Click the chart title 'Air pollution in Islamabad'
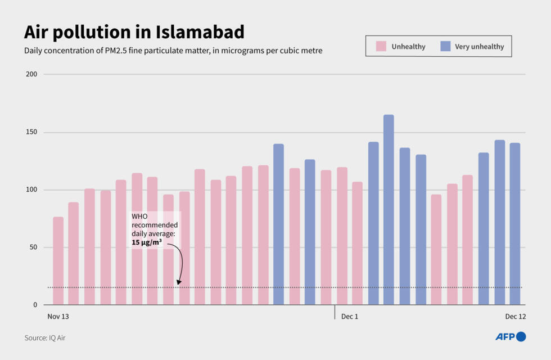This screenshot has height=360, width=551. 134,32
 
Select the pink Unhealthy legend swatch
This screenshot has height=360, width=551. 381,46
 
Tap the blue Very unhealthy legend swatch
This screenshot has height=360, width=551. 445,46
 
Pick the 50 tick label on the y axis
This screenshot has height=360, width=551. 32,247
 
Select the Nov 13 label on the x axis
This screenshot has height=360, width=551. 58,317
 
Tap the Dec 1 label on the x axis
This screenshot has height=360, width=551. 349,317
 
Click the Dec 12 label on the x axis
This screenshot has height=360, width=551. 515,317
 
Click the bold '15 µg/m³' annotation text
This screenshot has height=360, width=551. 147,242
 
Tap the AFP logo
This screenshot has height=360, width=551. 510,337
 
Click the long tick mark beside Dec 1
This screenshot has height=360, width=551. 335,312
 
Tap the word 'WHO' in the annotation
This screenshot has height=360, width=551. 140,216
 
